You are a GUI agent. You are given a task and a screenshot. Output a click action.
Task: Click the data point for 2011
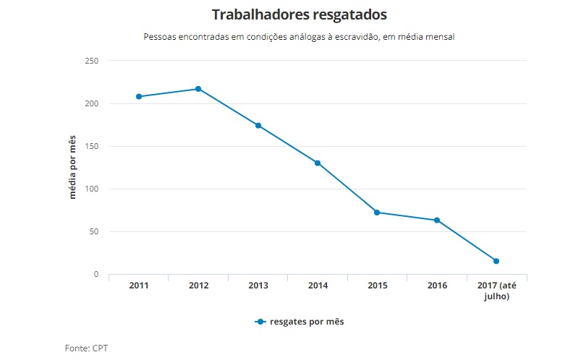(138, 96)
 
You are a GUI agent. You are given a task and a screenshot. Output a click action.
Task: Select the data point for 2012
(198, 89)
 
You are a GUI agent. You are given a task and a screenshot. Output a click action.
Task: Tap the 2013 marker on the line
(258, 126)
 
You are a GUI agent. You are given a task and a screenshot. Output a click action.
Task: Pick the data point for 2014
(318, 163)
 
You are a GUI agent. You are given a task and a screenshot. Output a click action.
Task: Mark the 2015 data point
(377, 213)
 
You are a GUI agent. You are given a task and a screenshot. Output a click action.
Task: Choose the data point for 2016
(437, 220)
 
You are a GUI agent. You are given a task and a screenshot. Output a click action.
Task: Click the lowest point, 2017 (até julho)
(496, 261)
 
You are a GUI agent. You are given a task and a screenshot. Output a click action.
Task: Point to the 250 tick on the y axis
(91, 61)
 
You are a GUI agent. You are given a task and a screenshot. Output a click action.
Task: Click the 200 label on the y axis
(91, 103)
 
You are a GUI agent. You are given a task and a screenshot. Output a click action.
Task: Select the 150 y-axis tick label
(91, 146)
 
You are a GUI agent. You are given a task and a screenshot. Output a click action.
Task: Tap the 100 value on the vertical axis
(91, 189)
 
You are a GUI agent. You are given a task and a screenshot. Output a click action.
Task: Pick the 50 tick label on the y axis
(93, 231)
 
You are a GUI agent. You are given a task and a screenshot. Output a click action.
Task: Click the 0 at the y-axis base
(95, 275)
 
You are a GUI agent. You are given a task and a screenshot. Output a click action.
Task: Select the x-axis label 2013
(258, 286)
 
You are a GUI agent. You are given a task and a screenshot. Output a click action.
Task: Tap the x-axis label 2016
(437, 286)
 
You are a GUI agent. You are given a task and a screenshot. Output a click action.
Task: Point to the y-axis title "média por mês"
(72, 167)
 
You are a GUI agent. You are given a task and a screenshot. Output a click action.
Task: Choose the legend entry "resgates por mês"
(299, 322)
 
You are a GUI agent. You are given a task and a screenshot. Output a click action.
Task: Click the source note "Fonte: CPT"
(86, 348)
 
